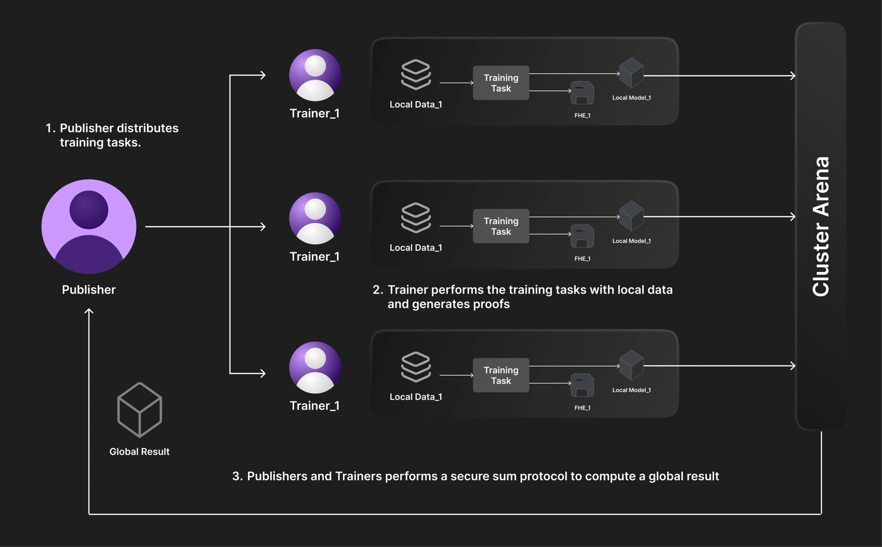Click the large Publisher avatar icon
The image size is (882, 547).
(89, 226)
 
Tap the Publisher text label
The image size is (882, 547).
(89, 290)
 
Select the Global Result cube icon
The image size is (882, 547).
(140, 410)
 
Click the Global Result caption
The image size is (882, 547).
(139, 451)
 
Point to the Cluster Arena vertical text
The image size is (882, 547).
(821, 226)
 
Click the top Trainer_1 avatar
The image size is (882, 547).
(315, 75)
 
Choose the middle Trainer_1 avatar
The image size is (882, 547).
(315, 218)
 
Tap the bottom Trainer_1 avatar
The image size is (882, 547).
(315, 367)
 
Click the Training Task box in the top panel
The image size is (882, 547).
(501, 83)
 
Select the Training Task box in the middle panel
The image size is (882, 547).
(501, 226)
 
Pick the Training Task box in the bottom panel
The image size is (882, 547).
(501, 375)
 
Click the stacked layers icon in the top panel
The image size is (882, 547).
(416, 74)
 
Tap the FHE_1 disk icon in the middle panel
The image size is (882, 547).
(582, 236)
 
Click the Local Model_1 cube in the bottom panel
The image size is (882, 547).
(631, 365)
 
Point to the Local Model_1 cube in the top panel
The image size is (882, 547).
(631, 73)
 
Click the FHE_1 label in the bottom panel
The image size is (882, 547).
(582, 408)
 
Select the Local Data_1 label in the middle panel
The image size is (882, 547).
(416, 248)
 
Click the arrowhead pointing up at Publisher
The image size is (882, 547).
(89, 311)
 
